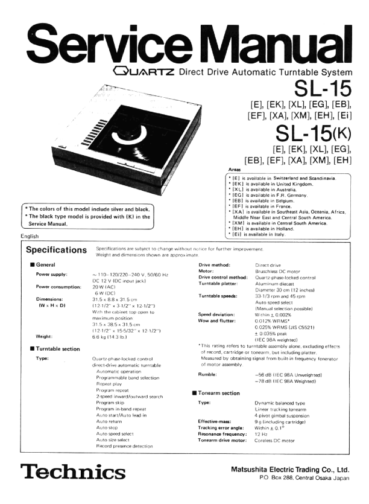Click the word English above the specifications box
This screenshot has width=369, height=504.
[x=29, y=236]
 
